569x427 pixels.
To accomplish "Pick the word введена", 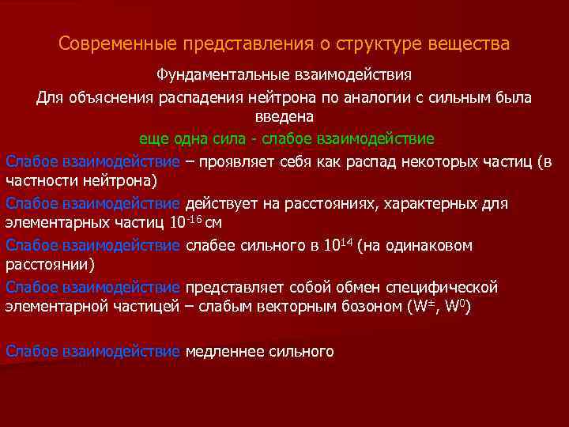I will (x=284, y=116).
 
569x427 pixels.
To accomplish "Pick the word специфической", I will (x=447, y=286).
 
